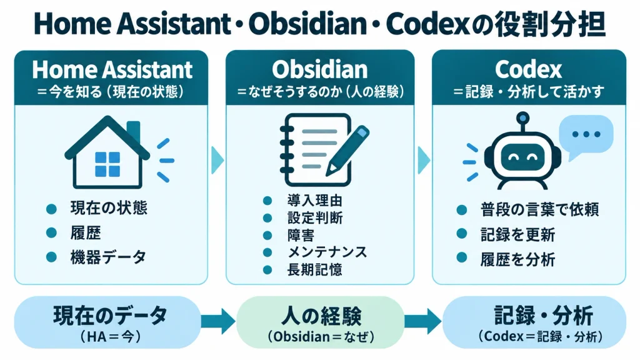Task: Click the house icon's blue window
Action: point(107,164)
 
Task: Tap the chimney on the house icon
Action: point(134,131)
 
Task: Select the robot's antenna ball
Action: point(522,118)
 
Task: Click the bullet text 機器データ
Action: point(108,257)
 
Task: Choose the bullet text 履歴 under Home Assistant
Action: point(85,233)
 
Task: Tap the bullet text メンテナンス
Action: point(327,252)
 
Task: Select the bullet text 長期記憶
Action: point(315,270)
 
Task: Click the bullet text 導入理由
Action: point(315,201)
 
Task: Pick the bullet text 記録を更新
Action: point(517,235)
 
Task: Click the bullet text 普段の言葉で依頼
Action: point(539,210)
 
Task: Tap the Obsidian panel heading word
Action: point(319,69)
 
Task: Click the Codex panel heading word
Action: point(529,69)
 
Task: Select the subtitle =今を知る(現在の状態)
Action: point(110,91)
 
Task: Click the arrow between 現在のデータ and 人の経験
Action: point(218,322)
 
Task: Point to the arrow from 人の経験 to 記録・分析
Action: point(423,322)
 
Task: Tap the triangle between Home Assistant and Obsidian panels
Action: point(217,161)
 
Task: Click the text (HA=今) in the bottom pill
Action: point(110,337)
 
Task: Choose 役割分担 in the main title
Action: point(550,24)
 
